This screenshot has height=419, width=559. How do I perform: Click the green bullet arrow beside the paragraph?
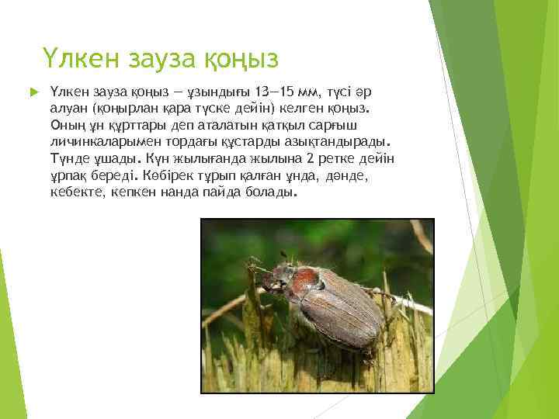(x=31, y=92)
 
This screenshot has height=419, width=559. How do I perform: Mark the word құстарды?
(x=245, y=142)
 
